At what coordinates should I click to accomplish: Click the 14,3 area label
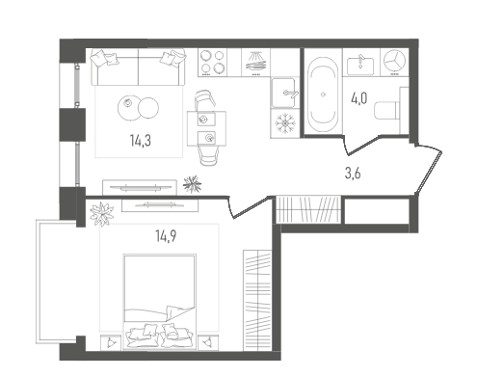click(x=141, y=141)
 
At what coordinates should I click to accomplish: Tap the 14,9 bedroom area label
click(x=166, y=236)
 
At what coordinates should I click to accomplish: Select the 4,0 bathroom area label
click(x=358, y=98)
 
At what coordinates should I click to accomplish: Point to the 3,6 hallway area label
click(x=353, y=174)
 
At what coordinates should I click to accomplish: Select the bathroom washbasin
click(x=360, y=66)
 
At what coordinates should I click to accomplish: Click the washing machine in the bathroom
click(x=394, y=62)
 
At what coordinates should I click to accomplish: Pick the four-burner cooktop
click(x=212, y=63)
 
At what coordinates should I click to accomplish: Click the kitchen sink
click(x=283, y=93)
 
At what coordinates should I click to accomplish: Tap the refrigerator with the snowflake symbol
click(x=284, y=123)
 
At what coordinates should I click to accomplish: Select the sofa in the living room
click(x=138, y=67)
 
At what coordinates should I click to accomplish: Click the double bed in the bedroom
click(x=160, y=302)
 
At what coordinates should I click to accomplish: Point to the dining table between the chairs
click(x=206, y=128)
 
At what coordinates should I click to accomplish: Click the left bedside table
click(x=111, y=342)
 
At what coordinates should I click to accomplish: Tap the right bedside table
click(x=208, y=342)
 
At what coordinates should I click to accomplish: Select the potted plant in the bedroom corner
click(x=102, y=214)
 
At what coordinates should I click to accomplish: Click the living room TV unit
click(x=140, y=187)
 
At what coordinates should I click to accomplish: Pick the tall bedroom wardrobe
click(x=257, y=301)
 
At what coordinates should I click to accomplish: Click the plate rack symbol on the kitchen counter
click(x=256, y=63)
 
